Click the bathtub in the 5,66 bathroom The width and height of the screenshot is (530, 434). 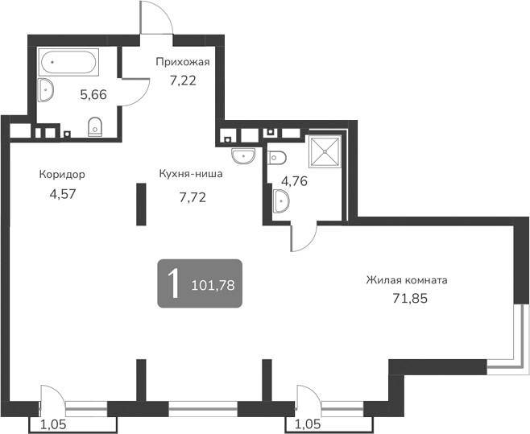(x=69, y=62)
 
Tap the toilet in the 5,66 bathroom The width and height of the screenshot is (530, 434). (x=95, y=125)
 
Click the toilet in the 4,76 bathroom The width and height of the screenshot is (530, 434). (x=278, y=156)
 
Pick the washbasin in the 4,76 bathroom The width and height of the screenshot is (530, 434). (x=282, y=201)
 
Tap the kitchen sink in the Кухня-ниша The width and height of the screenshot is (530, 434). (x=242, y=154)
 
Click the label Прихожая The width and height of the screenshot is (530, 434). (x=183, y=62)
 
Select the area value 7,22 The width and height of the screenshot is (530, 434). (x=183, y=80)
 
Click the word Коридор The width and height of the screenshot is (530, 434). (x=62, y=174)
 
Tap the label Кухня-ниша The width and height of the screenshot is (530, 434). (x=191, y=173)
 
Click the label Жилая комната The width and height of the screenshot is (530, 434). (x=406, y=280)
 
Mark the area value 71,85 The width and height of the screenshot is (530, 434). (x=405, y=299)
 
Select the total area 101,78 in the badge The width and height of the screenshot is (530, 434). (x=213, y=284)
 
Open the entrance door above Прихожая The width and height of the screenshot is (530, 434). (x=155, y=18)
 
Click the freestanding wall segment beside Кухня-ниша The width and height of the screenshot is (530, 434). (x=140, y=205)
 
